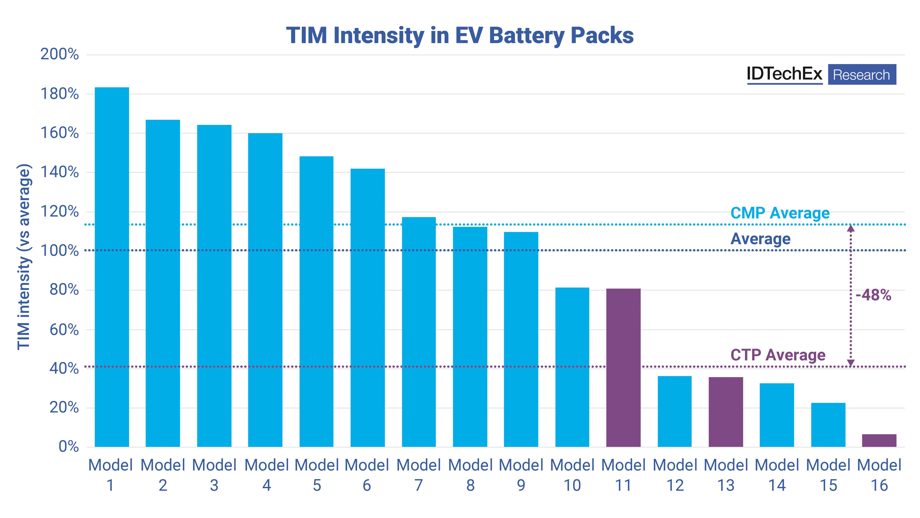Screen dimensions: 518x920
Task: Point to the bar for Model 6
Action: coord(367,308)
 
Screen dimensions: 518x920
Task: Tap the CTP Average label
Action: coord(778,355)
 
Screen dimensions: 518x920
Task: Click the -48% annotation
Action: coord(873,295)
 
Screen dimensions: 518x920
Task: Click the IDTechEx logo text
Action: coord(784,74)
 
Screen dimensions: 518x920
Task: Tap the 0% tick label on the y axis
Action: coord(69,447)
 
